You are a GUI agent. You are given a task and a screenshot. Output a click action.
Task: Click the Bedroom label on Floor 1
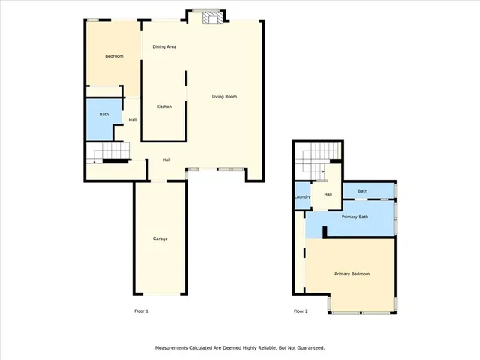tap(114, 57)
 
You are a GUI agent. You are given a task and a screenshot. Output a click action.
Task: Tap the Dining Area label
tap(164, 47)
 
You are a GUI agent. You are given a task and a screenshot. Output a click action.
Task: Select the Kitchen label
tap(163, 106)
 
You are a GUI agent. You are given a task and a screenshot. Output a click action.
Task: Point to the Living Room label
tap(224, 97)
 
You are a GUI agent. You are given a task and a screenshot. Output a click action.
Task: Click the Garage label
tap(160, 238)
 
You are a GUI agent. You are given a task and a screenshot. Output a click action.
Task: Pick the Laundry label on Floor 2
tap(302, 197)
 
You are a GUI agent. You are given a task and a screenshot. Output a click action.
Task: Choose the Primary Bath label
tap(355, 217)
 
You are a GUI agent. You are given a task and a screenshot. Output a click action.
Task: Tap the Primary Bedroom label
tap(352, 274)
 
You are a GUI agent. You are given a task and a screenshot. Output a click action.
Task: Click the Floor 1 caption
tap(141, 310)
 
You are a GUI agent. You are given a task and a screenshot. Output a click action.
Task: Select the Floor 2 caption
tap(301, 310)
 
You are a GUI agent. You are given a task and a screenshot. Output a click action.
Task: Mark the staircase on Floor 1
tap(108, 155)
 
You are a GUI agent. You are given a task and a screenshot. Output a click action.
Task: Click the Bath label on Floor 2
tap(362, 191)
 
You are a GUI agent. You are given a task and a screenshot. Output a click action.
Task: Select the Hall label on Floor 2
tap(328, 195)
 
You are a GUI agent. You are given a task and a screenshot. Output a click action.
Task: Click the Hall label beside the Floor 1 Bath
tap(132, 120)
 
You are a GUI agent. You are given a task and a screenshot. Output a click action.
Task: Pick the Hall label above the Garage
tap(166, 159)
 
